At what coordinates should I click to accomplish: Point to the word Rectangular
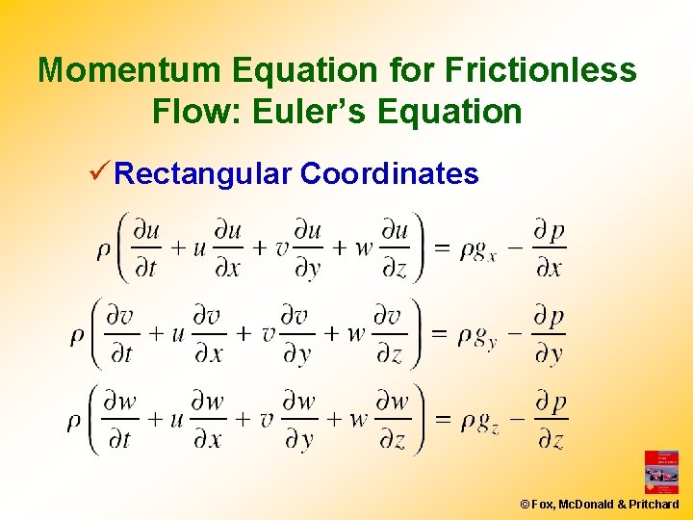pyautogui.click(x=202, y=174)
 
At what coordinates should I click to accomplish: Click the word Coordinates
pyautogui.click(x=389, y=174)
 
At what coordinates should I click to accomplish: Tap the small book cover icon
pyautogui.click(x=661, y=472)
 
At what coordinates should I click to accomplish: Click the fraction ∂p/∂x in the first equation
pyautogui.click(x=549, y=248)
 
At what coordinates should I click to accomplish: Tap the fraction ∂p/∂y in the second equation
pyautogui.click(x=548, y=335)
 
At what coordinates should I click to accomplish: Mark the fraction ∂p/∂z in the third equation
pyautogui.click(x=551, y=421)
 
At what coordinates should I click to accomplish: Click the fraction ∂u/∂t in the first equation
pyautogui.click(x=146, y=248)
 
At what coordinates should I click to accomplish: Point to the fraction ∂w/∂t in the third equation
pyautogui.click(x=120, y=421)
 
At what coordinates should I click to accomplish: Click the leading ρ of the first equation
pyautogui.click(x=104, y=249)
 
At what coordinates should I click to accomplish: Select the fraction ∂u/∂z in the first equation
pyautogui.click(x=394, y=248)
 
